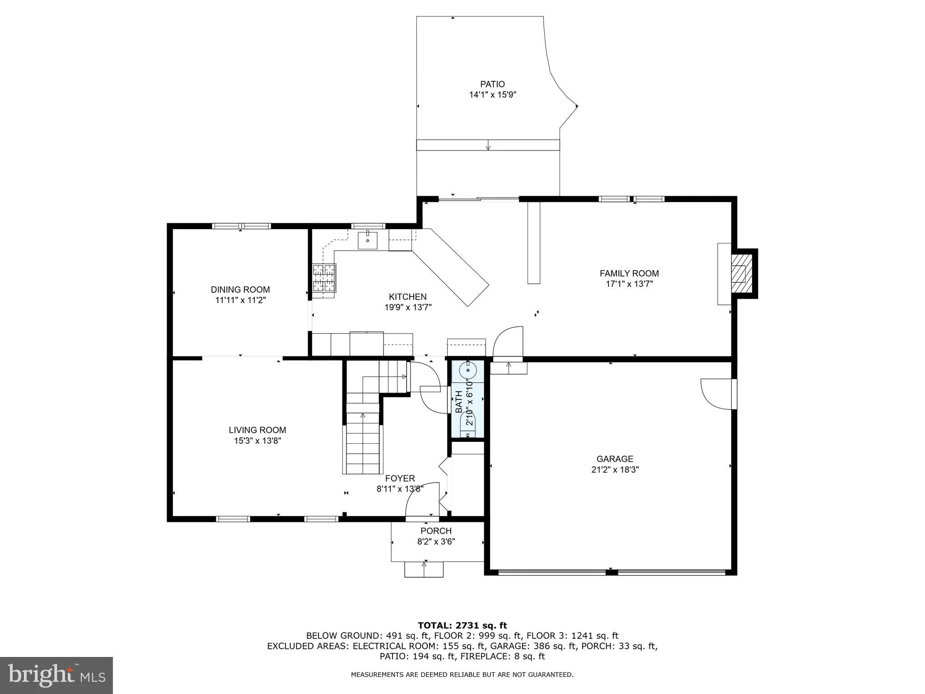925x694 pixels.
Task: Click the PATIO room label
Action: pyautogui.click(x=492, y=84)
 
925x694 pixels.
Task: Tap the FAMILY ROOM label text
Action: pyautogui.click(x=629, y=273)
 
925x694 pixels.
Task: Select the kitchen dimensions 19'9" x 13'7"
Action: pyautogui.click(x=408, y=308)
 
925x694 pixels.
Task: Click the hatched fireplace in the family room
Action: pyautogui.click(x=742, y=274)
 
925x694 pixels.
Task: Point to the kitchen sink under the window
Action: pyautogui.click(x=368, y=240)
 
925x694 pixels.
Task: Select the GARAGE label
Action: pyautogui.click(x=615, y=459)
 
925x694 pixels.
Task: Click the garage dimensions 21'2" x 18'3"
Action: pyautogui.click(x=615, y=469)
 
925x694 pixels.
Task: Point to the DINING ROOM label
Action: pyautogui.click(x=240, y=290)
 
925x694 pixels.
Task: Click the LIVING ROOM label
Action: pyautogui.click(x=257, y=430)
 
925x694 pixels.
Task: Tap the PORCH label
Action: pyautogui.click(x=436, y=531)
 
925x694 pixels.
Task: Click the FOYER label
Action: pyautogui.click(x=400, y=478)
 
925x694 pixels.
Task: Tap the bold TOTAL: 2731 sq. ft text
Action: pyautogui.click(x=462, y=626)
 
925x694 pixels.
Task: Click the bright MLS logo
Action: pyautogui.click(x=56, y=675)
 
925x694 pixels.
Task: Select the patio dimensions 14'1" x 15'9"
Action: pyautogui.click(x=492, y=95)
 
